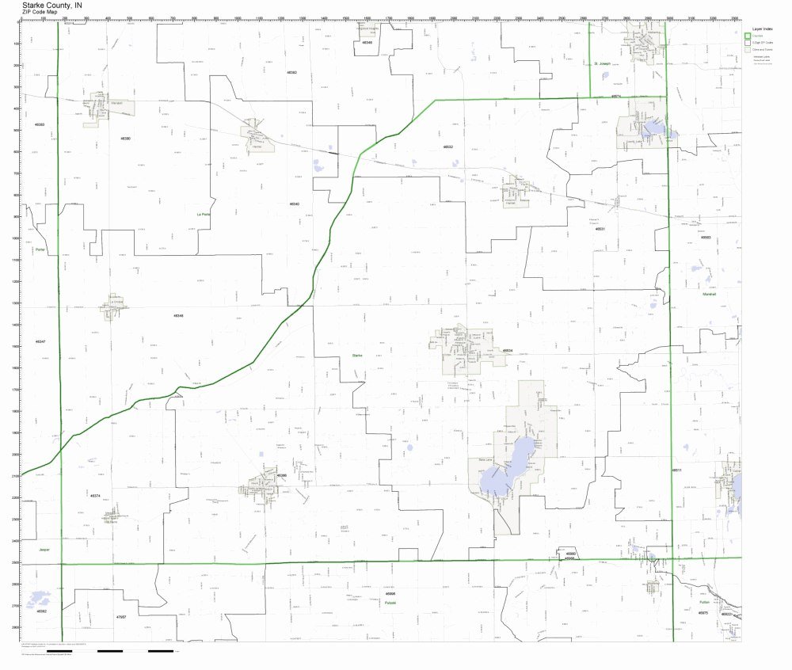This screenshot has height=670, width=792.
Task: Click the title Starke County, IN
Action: point(51,4)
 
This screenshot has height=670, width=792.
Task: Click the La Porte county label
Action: point(204,215)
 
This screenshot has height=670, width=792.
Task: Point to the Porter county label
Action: point(40,250)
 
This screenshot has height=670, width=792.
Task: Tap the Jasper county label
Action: point(43,549)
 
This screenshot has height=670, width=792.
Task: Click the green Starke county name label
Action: point(357,356)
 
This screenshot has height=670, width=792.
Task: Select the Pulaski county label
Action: point(390,603)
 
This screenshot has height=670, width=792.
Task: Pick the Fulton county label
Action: point(704,602)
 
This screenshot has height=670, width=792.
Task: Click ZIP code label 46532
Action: point(448,147)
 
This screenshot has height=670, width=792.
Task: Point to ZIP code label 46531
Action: point(600,228)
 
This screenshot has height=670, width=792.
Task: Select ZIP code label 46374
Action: point(95,496)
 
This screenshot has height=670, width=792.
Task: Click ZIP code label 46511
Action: point(677,470)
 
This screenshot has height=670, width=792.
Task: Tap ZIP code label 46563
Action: point(706,238)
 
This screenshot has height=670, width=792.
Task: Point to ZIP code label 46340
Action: point(294,204)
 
